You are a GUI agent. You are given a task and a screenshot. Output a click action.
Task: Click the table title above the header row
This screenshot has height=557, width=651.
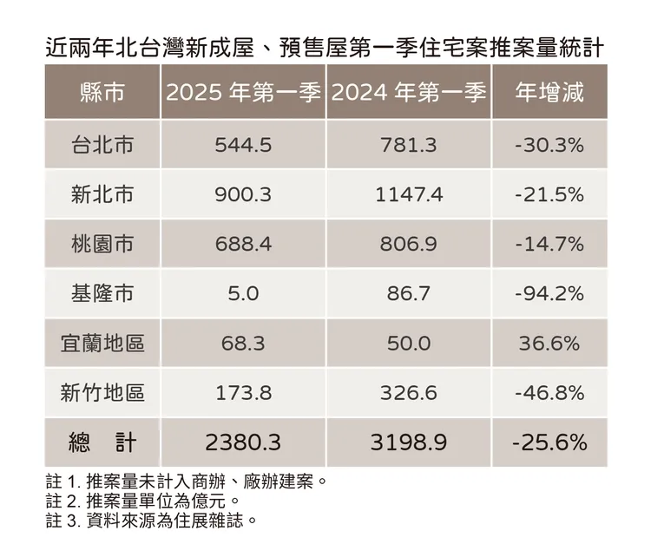[x=325, y=45]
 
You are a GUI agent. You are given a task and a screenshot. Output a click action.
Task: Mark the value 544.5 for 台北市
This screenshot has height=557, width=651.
[x=243, y=145]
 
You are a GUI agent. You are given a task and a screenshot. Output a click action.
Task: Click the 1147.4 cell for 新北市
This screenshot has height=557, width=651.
[x=409, y=194]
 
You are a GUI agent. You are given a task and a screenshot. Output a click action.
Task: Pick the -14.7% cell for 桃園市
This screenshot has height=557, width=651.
[x=548, y=245]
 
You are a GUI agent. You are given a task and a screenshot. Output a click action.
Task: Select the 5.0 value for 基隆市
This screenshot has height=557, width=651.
[x=243, y=294]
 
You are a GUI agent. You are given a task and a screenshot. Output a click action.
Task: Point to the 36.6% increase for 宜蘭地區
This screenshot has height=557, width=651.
[x=548, y=344]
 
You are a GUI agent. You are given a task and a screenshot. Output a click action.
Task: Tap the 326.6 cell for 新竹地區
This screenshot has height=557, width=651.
[x=409, y=393]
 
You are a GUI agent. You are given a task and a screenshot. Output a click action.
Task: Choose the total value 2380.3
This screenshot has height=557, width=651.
[x=243, y=442]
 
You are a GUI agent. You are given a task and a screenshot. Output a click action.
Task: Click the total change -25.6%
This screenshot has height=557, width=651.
[x=548, y=442]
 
